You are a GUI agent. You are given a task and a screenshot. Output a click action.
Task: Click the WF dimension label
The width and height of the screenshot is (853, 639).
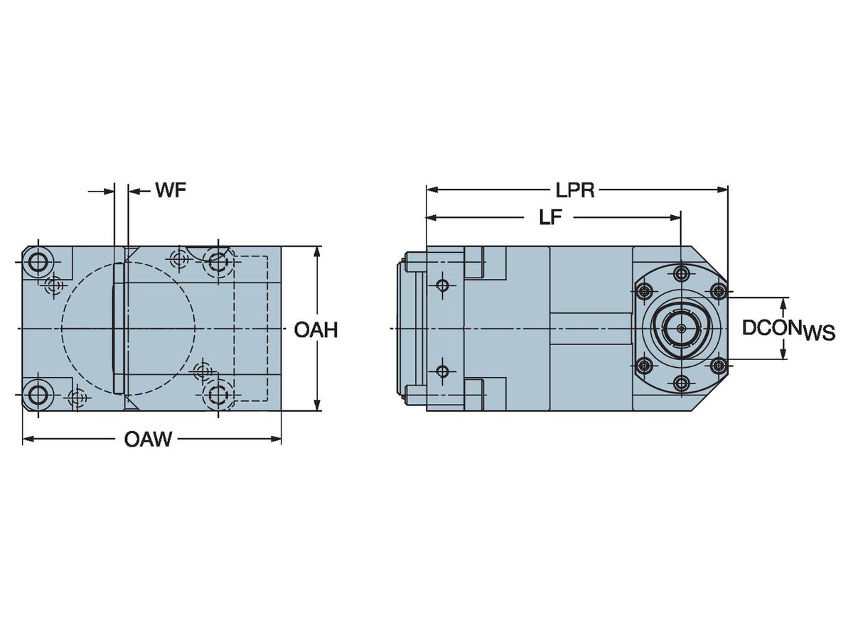171,191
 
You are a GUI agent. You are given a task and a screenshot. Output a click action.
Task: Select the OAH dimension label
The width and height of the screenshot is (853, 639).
315,330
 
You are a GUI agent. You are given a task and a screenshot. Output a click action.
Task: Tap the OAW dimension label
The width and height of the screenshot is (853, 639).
148,439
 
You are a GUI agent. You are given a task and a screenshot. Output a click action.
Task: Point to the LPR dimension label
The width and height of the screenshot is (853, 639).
575,190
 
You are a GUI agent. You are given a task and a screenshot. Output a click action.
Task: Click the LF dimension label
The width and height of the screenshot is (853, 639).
550,218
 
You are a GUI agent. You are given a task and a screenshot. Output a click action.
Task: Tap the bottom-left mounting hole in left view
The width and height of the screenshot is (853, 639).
36,394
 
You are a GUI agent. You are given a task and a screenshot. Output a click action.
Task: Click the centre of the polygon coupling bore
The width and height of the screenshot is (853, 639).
681,329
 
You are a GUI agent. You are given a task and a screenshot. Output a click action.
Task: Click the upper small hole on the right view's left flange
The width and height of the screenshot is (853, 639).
443,285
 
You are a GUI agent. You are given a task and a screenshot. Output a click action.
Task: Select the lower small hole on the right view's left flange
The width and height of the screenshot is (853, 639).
443,371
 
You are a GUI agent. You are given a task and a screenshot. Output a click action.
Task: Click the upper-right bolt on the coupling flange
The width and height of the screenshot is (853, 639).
717,290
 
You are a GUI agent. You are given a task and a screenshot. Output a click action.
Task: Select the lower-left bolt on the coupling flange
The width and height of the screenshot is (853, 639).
645,366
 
